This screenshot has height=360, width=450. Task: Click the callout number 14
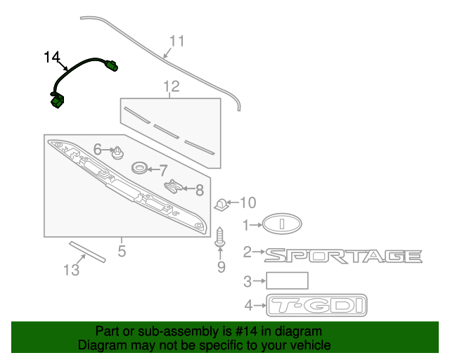point(53,57)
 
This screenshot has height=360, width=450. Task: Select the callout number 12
point(172,86)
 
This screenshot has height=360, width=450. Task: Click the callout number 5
point(122,250)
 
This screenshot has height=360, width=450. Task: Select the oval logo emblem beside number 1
point(283,224)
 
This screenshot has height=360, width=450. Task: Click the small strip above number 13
point(86,250)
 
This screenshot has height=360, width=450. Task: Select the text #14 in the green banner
point(238,331)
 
